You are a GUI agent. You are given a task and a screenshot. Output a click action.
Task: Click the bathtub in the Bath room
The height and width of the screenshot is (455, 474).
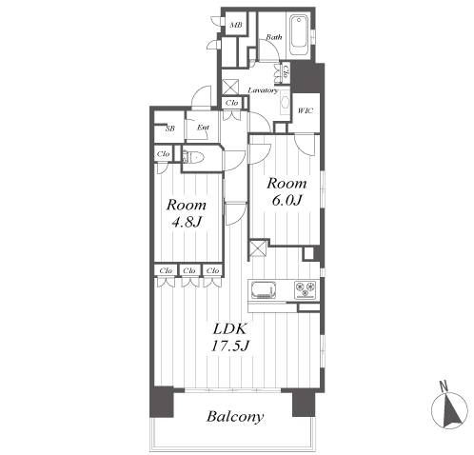[299, 36]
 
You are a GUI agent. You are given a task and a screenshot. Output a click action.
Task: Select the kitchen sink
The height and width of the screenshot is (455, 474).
[264, 290]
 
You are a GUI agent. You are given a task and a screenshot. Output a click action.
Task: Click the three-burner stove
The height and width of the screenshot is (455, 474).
[305, 290]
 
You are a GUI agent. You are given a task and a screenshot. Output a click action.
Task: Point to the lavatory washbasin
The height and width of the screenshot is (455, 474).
[285, 103]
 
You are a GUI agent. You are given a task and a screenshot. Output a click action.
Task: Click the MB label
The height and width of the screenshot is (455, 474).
[236, 25]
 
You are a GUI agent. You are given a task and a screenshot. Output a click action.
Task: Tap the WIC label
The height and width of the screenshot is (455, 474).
[306, 110]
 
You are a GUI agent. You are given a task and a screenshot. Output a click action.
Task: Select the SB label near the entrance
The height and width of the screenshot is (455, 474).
[170, 129]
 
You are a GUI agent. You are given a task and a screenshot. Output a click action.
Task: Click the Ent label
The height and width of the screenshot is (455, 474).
[203, 128]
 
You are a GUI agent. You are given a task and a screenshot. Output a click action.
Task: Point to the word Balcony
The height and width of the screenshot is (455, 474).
[235, 417]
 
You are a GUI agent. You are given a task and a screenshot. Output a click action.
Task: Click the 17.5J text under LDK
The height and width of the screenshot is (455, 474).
[229, 346]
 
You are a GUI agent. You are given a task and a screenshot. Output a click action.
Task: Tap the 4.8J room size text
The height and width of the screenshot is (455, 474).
[187, 222]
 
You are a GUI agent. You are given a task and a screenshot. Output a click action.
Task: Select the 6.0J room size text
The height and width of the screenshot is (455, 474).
[286, 200]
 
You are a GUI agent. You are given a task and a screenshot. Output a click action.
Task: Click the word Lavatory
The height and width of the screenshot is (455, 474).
[263, 90]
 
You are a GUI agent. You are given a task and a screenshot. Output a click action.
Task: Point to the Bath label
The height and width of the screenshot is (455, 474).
[274, 37]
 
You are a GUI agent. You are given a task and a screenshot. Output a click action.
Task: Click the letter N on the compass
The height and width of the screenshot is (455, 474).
[444, 386]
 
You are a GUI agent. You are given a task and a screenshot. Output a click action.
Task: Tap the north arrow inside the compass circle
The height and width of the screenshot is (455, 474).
[453, 411]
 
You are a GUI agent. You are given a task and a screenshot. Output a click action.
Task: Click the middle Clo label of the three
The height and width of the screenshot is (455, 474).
[189, 270]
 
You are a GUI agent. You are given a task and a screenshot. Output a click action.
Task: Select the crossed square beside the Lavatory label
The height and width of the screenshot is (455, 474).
[229, 87]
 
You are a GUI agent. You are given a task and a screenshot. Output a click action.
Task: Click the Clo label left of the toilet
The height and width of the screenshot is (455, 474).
[164, 154]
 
